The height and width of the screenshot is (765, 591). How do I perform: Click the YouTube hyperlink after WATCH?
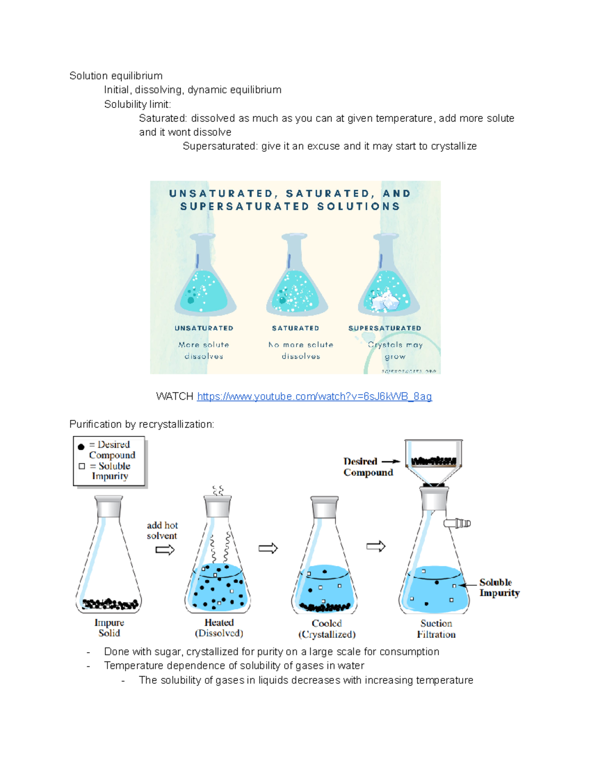click(314, 397)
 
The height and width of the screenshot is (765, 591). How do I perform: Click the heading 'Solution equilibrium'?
click(116, 76)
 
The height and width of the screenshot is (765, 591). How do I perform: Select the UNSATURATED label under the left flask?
click(204, 328)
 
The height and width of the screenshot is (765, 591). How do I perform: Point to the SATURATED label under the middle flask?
click(295, 328)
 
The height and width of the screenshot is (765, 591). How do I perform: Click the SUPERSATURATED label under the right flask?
click(385, 328)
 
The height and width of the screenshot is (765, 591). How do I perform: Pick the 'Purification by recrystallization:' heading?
click(142, 424)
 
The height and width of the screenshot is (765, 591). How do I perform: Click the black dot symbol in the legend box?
click(81, 447)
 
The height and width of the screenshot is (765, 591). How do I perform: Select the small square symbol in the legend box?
click(82, 466)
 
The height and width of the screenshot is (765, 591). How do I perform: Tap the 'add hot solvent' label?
click(162, 531)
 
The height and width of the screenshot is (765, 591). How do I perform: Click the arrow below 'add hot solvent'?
click(165, 550)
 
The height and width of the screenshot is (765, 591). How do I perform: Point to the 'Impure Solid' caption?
click(109, 628)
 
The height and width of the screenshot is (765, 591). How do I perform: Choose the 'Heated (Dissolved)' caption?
click(219, 628)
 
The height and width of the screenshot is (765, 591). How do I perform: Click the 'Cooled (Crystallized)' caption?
click(327, 629)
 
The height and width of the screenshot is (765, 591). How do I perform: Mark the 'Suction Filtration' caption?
click(436, 629)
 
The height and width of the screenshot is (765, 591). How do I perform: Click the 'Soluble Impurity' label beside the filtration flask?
click(499, 588)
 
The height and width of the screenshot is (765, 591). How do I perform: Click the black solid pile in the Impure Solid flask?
click(109, 603)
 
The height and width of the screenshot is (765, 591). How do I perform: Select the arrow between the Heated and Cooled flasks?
click(268, 548)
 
